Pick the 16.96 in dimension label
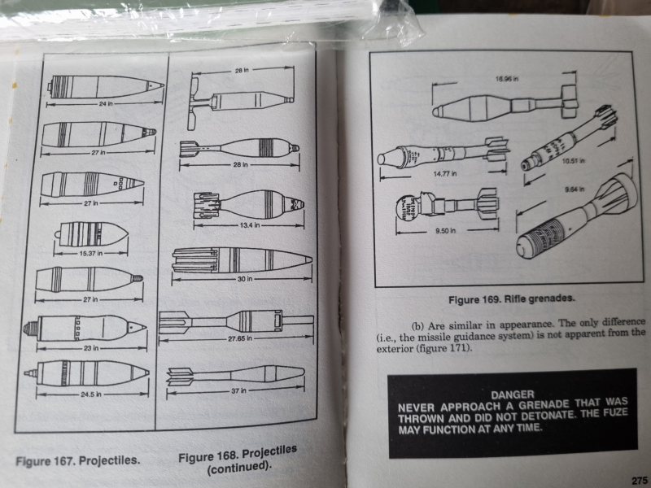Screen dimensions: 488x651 [507, 81]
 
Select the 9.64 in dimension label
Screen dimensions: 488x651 [573, 189]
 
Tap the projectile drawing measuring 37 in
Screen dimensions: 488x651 [236, 375]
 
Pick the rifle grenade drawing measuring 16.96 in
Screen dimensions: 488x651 [505, 105]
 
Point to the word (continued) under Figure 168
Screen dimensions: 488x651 [238, 467]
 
